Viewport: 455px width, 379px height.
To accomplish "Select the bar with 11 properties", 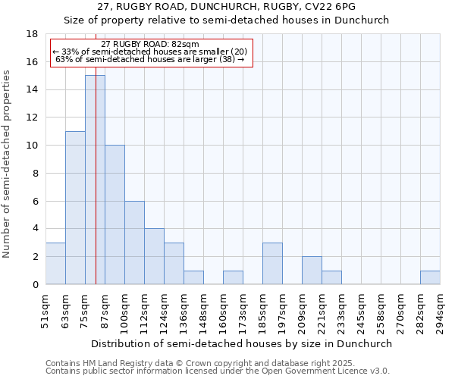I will tap(75, 208).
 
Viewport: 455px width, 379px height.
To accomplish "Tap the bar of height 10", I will tap(115, 215).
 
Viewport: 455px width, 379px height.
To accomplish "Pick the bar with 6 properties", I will tap(134, 243).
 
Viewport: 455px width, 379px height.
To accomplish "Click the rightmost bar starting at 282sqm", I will tap(430, 277).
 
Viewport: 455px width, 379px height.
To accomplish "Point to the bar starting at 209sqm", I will tap(312, 271).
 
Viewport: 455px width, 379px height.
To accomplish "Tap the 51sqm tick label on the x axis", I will tap(46, 309).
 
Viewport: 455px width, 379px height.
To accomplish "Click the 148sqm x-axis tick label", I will tap(204, 311).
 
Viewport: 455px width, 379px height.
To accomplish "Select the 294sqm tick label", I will tap(441, 311).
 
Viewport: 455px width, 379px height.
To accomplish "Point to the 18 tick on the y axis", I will tap(32, 34).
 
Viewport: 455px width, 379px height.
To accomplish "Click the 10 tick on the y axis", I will tap(32, 146).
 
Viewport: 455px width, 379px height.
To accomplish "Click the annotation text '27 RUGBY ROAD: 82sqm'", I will tap(149, 45).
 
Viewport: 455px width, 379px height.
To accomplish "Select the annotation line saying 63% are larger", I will tap(150, 58).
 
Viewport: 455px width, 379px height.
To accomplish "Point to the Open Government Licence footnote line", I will tap(218, 371).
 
